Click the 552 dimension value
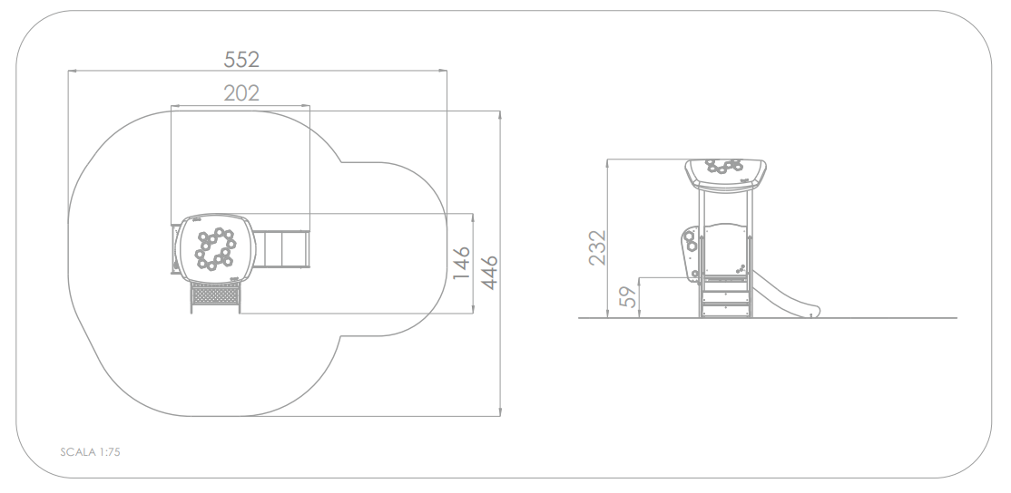tap(241, 59)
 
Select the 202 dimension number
tap(241, 93)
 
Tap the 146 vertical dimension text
tap(461, 263)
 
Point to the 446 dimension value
tap(489, 272)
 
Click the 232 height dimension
tap(598, 247)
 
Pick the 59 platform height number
tap(627, 296)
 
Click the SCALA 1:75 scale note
tap(90, 452)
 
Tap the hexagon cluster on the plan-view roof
tap(215, 248)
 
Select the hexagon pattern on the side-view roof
tap(724, 166)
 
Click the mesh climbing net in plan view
tap(215, 295)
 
